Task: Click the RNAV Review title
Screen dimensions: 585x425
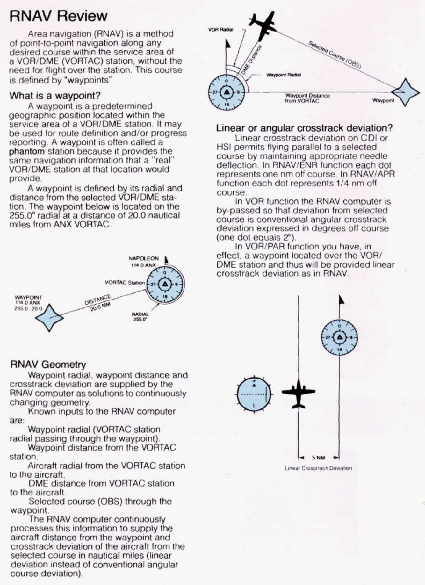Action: [59, 16]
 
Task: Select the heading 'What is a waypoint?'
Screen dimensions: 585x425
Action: [55, 95]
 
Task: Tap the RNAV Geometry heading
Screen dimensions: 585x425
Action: [48, 364]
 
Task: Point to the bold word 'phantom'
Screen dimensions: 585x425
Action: [27, 151]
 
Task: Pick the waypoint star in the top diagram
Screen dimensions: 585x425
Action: [405, 92]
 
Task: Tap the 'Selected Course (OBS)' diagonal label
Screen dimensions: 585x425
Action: [335, 54]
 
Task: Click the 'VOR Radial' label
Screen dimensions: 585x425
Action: [221, 30]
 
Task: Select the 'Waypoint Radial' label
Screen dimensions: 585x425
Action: [283, 75]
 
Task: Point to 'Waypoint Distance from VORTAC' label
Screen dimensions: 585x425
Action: [307, 98]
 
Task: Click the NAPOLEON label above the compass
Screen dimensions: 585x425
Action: [143, 258]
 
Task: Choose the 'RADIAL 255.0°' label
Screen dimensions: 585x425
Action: [140, 316]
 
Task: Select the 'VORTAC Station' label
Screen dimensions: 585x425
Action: [125, 282]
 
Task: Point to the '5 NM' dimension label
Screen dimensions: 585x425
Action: [318, 458]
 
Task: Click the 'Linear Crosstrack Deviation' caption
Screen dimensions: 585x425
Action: [318, 468]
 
